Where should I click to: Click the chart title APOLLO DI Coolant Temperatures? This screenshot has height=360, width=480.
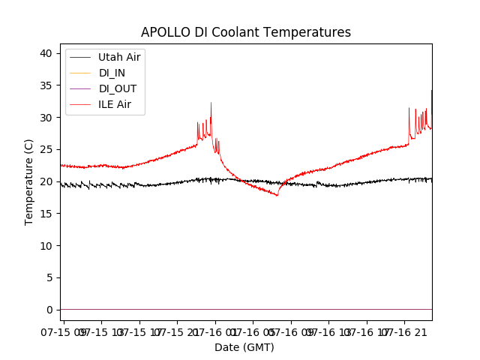[246, 32]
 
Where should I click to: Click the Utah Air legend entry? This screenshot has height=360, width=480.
[119, 56]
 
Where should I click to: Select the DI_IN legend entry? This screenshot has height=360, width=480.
[112, 73]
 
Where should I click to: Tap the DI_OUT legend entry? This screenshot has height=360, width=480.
[117, 88]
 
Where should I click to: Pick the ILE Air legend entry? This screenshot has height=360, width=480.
[115, 104]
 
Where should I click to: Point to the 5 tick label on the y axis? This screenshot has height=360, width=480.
[49, 277]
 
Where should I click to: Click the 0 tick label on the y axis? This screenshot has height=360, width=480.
[49, 310]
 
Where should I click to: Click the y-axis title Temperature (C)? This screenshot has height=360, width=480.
[28, 181]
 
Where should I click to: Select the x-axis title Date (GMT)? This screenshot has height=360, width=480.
[244, 347]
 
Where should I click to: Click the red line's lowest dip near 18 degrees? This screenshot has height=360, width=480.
[277, 195]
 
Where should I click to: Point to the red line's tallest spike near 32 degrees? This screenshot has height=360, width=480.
[211, 103]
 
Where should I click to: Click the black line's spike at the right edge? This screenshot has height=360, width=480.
[431, 91]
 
